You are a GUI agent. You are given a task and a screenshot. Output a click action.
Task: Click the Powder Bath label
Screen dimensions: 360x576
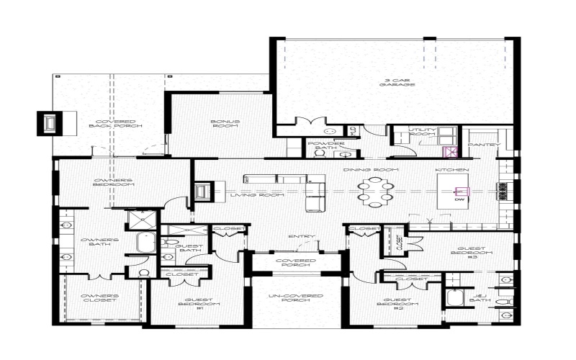pos(318,146)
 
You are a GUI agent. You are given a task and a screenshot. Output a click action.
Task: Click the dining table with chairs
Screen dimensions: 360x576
pos(375,192)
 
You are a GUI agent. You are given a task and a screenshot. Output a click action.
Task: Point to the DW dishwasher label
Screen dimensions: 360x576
pos(459,200)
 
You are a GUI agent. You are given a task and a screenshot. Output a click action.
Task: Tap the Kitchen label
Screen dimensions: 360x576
pos(452,169)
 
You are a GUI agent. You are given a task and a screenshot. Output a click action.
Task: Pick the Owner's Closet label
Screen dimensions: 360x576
pos(100,300)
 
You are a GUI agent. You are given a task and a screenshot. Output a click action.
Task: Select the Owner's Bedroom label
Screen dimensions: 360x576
pos(114,182)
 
